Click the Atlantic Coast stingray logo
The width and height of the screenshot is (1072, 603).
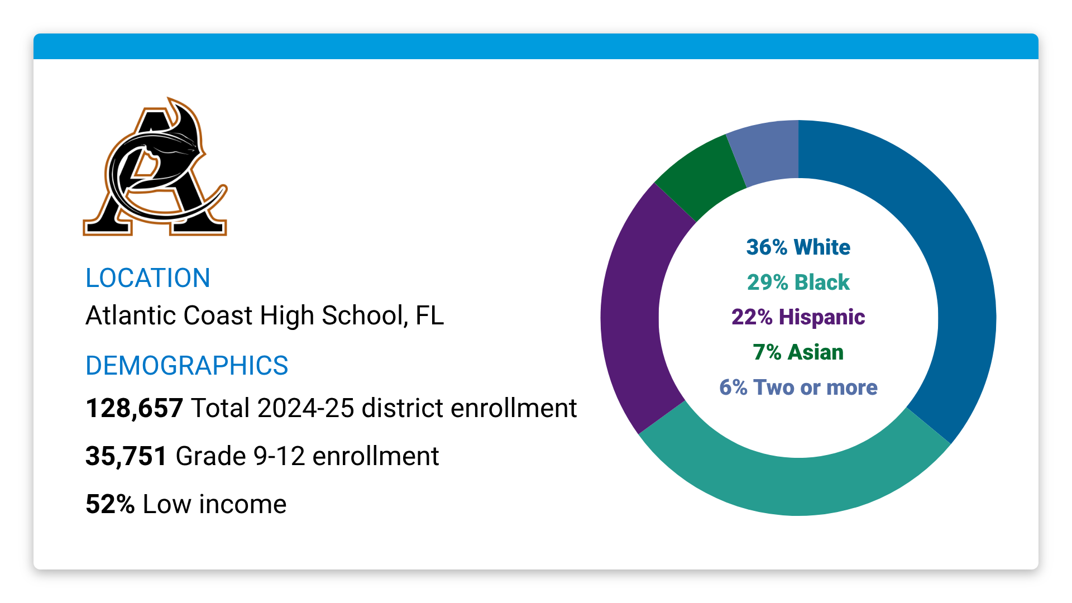pyautogui.click(x=155, y=167)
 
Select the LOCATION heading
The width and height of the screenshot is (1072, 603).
pyautogui.click(x=147, y=278)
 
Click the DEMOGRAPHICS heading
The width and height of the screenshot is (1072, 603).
pyautogui.click(x=186, y=366)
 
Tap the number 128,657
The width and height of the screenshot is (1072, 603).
pyautogui.click(x=134, y=408)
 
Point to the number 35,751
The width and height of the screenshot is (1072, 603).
pyautogui.click(x=126, y=456)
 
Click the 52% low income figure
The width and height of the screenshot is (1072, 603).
pyautogui.click(x=110, y=504)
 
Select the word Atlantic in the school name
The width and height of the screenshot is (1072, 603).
pyautogui.click(x=132, y=315)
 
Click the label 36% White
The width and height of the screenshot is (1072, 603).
pyautogui.click(x=798, y=247)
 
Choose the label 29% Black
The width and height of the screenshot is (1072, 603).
pyautogui.click(x=798, y=283)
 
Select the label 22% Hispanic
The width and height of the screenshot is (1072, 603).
pyautogui.click(x=798, y=317)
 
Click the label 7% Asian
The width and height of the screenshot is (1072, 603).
pyautogui.click(x=798, y=352)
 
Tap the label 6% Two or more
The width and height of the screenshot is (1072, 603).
pyautogui.click(x=798, y=387)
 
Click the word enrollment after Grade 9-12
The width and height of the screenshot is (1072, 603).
pyautogui.click(x=375, y=456)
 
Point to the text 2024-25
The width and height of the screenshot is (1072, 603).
pyautogui.click(x=305, y=408)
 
